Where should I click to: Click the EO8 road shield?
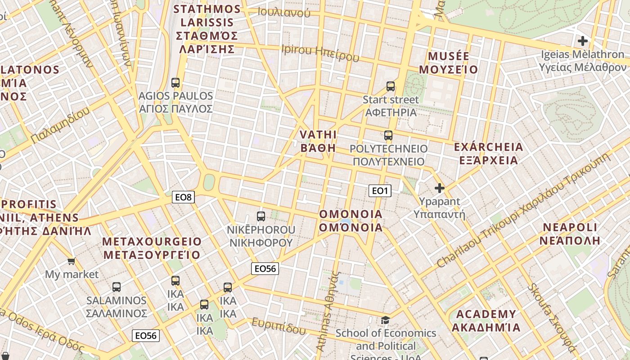183,197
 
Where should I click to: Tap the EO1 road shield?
380,191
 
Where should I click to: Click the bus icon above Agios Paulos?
175,83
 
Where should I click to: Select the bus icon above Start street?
391,86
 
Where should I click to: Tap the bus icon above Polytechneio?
388,135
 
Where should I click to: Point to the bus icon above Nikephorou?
261,216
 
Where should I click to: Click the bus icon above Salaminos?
117,287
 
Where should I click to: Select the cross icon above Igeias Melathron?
583,41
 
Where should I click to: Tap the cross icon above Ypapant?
439,188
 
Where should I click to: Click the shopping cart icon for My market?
71,261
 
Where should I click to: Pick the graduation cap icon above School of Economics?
386,320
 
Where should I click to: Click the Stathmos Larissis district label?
207,29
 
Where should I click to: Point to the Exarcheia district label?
488,153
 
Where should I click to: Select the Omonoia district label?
351,220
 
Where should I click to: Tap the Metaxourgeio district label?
152,248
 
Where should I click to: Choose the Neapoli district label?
570,233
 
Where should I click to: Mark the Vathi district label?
318,141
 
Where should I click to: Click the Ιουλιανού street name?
284,12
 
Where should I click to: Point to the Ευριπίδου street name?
278,326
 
